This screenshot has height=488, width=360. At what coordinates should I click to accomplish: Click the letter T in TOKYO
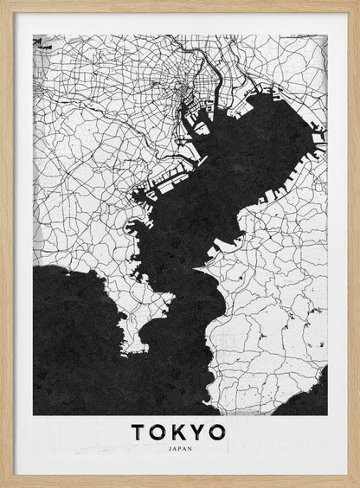point(139,432)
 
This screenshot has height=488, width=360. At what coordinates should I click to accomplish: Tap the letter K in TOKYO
point(181,432)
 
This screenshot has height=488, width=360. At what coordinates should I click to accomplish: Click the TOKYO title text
point(180,432)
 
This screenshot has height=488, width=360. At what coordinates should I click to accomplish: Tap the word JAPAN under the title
point(180,449)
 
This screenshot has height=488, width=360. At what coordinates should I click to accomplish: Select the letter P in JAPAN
point(180,449)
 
